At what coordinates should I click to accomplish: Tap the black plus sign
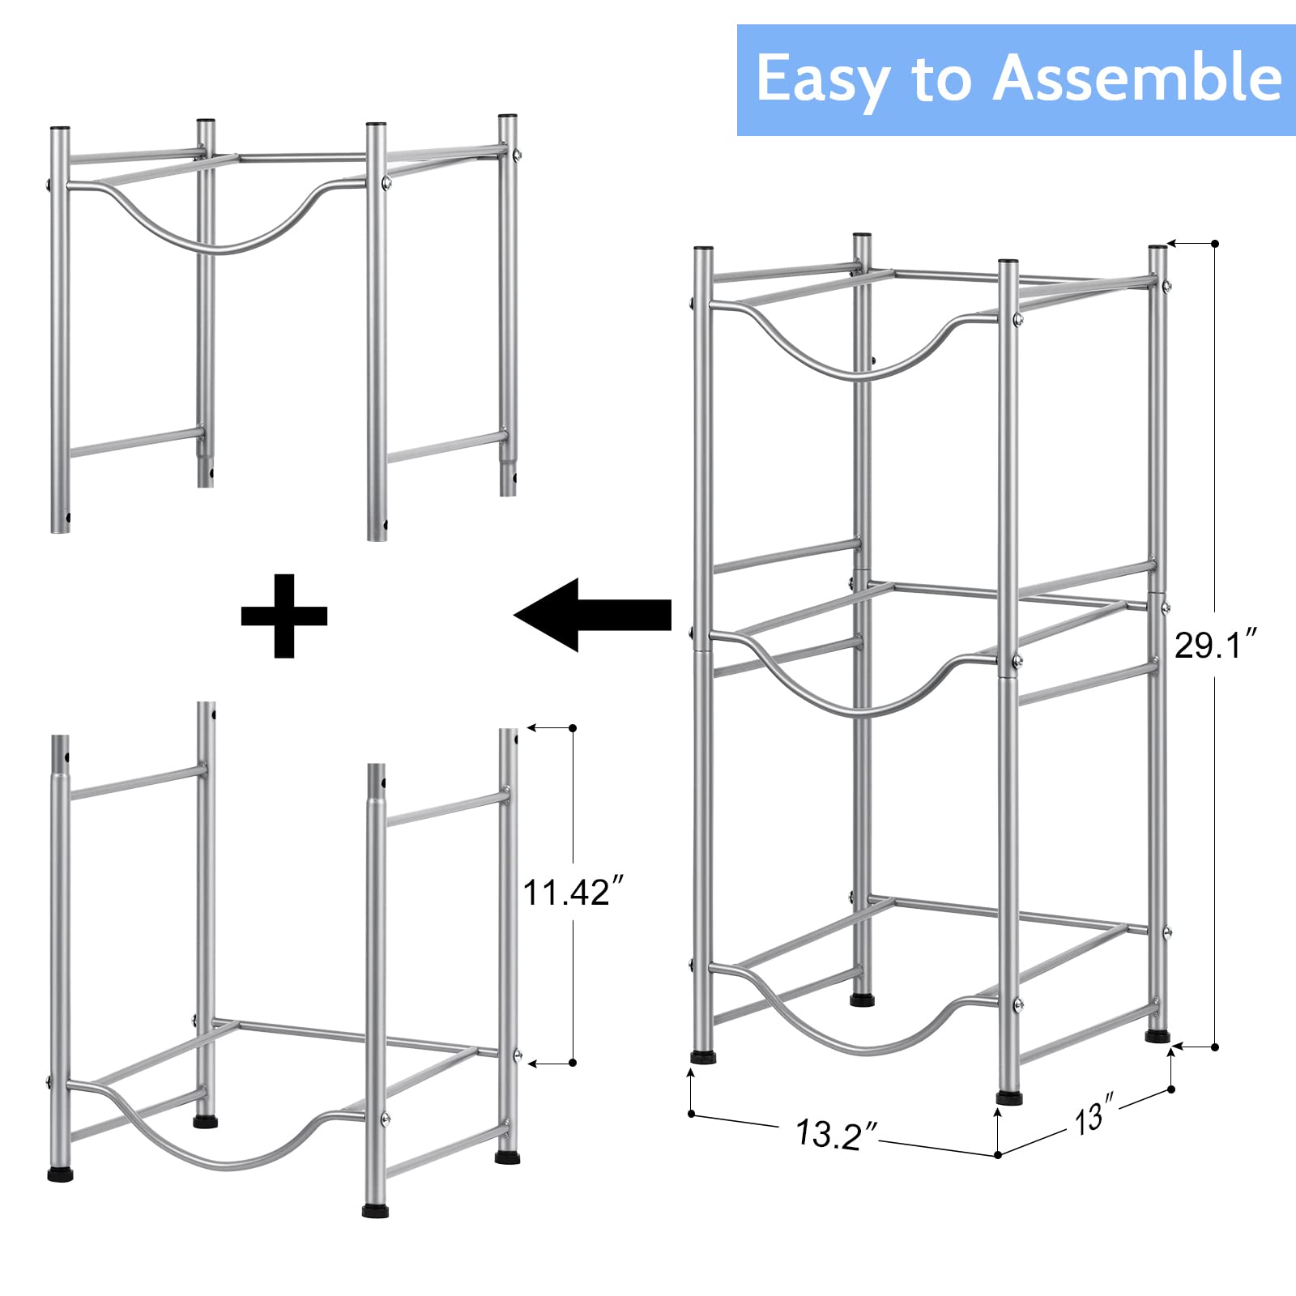pos(284,616)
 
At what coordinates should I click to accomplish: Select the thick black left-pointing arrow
pos(593,615)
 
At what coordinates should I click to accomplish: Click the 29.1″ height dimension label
pos(1215,646)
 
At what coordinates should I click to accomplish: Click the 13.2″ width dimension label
pos(837,1133)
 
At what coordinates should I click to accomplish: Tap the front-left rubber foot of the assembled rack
pos(703,1056)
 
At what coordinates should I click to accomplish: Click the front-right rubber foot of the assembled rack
pos(1008,1098)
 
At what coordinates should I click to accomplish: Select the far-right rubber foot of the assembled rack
pos(1158,1035)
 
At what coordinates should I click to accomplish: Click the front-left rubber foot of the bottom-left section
pos(60,1173)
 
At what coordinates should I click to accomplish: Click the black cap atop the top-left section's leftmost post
pos(60,129)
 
